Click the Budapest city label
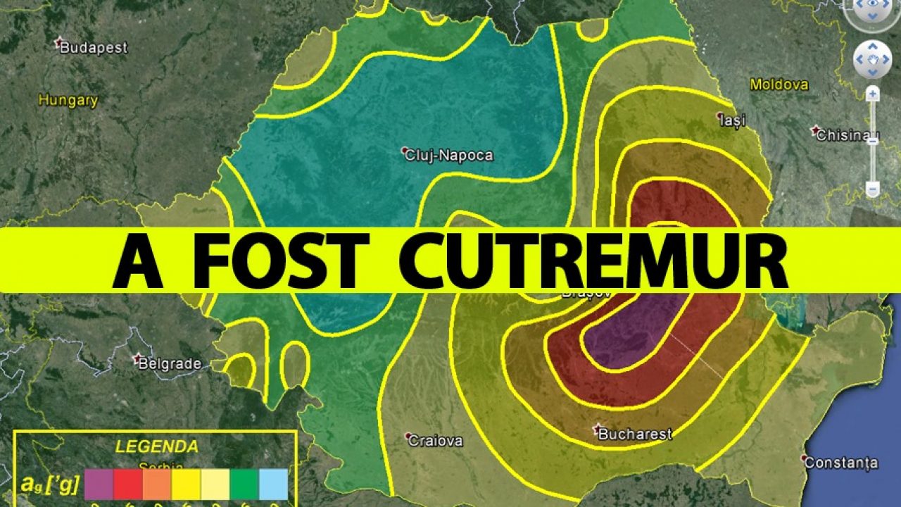tap(94, 48)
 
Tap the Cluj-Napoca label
tap(448, 156)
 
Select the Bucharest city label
tap(634, 434)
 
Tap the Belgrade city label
tap(169, 364)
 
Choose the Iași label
tap(732, 120)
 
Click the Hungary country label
tap(68, 101)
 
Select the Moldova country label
tap(779, 84)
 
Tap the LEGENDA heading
tap(157, 446)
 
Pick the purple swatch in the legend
tap(99, 484)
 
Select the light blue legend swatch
tap(273, 484)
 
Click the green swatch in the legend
tap(244, 484)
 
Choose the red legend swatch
tap(127, 484)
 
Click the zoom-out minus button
tap(872, 189)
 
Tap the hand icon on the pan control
tap(872, 61)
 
